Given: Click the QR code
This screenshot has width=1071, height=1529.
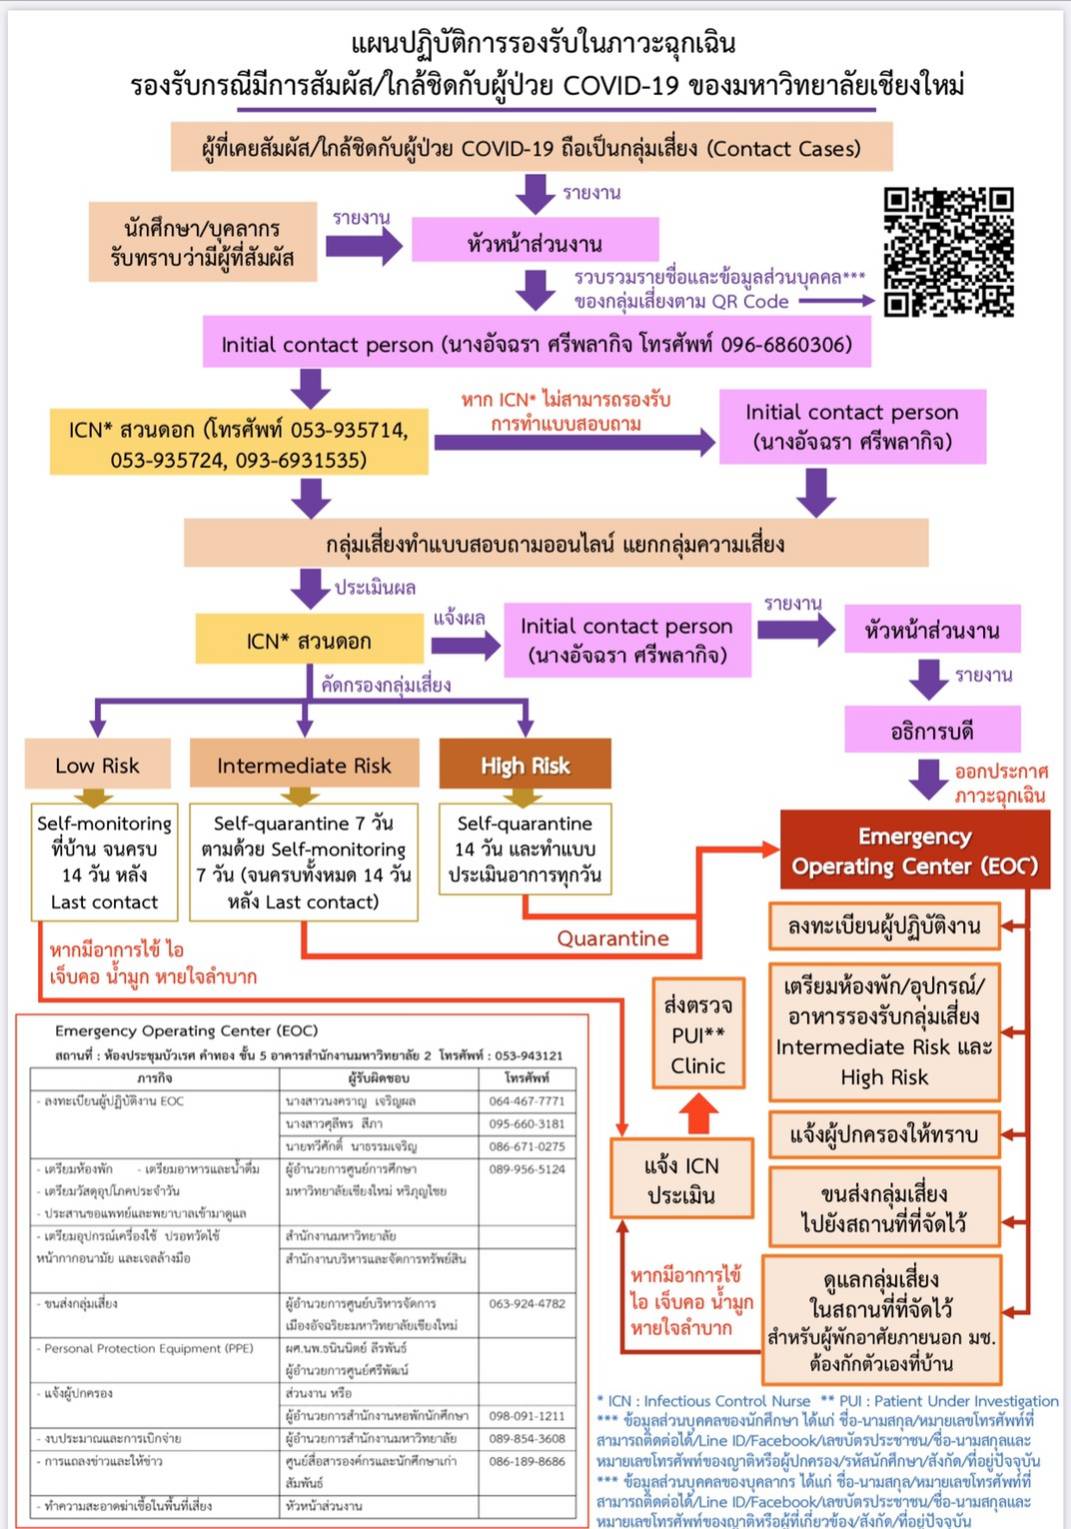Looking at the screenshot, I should coord(948,252).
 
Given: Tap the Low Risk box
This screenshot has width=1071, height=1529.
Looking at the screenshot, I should coord(97,766).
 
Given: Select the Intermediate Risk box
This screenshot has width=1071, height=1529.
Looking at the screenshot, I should coord(304,766).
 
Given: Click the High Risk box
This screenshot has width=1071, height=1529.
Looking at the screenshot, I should coord(525,766).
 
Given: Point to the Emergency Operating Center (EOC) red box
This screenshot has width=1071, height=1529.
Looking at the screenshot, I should coord(914,851).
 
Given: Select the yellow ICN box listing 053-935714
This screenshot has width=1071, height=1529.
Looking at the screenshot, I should coord(239,445).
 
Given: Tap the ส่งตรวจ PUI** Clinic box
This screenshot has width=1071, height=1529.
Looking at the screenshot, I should coord(698,1035).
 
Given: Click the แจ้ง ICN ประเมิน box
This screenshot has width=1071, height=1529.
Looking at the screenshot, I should coord(682,1180).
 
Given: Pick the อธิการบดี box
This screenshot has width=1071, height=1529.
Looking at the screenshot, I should coord(932,731).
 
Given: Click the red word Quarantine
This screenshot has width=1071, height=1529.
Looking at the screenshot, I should coord(612,938).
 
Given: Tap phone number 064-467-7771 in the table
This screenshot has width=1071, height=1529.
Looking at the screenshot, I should coord(527,1101).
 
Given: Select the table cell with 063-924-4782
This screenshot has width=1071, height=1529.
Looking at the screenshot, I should coord(527,1303).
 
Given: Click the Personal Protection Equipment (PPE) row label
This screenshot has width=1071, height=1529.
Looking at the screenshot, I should coord(149,1348).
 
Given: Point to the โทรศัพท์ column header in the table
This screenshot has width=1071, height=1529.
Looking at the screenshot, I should coord(527,1078).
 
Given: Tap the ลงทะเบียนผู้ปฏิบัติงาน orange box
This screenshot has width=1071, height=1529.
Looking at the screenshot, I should coord(884,926).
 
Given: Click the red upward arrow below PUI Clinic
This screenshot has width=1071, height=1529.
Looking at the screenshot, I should coord(698,1112).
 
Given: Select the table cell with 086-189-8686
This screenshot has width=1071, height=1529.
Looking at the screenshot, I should coord(527,1461).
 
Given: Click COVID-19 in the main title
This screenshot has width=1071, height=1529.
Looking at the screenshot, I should coord(620,85).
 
